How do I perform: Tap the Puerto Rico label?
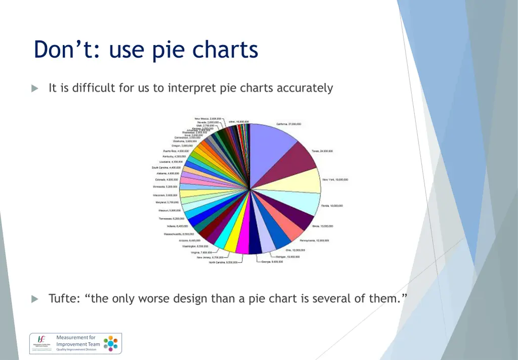(176, 151)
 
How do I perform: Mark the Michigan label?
(290, 257)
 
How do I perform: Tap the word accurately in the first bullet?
(305, 88)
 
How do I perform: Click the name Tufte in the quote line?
(64, 298)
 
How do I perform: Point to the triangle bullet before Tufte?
(35, 299)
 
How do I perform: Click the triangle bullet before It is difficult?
(35, 88)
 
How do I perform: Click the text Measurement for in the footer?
(76, 337)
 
